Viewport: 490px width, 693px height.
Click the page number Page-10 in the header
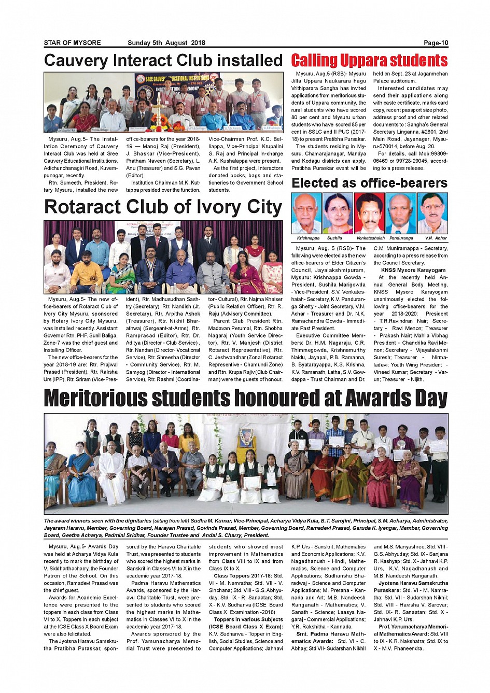coord(436,43)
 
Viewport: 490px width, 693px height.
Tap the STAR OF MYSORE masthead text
coord(72,43)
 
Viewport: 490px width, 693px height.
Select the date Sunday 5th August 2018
coord(166,43)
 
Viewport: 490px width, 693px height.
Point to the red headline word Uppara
coord(362,61)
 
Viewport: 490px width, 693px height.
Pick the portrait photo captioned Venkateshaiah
coord(370,213)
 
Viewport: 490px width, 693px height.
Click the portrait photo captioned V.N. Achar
coord(432,213)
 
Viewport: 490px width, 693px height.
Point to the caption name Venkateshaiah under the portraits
coord(370,238)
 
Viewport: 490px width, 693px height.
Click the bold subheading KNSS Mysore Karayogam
coord(413,270)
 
